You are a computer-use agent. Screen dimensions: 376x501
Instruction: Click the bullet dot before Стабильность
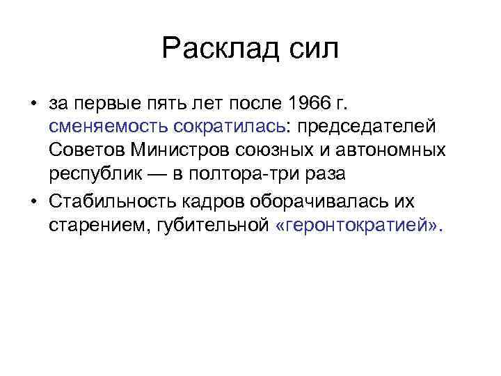(33, 202)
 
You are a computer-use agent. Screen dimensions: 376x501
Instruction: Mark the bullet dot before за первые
(33, 105)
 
